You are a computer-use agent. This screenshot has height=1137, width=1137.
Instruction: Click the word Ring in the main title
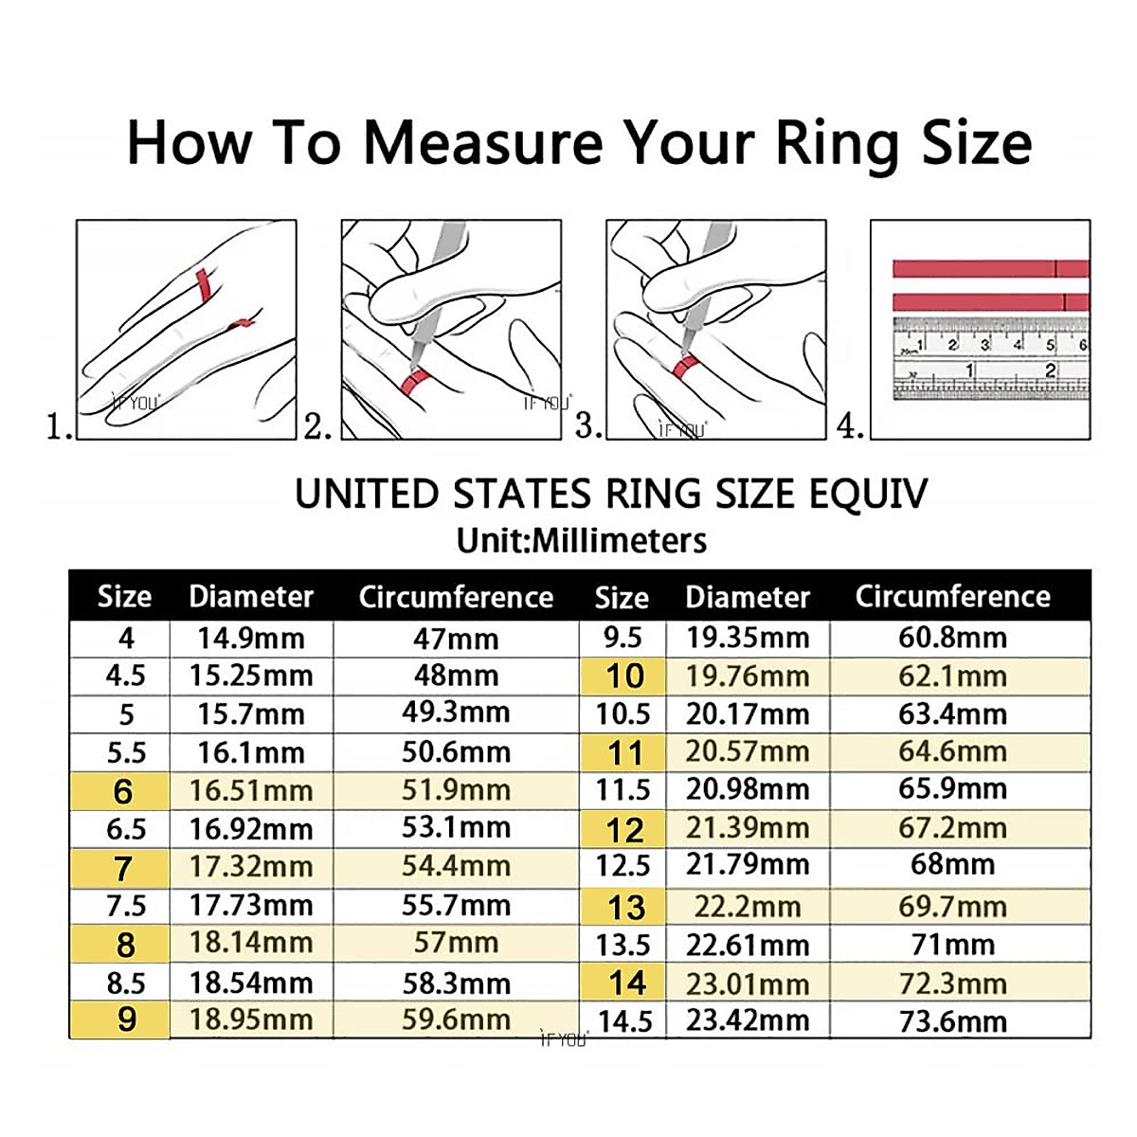[837, 144]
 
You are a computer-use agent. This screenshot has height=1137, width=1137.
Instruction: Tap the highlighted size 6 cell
[123, 791]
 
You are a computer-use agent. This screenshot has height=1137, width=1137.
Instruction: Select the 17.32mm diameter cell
[251, 867]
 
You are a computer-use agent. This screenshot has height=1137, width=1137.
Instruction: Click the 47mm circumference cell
[456, 639]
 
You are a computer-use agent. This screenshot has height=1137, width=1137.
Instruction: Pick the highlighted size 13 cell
[625, 907]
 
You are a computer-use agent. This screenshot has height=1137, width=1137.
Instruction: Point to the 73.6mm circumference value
[952, 1021]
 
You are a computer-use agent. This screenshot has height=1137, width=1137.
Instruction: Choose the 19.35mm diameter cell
[748, 638]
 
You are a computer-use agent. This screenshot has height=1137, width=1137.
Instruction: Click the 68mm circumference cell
[952, 864]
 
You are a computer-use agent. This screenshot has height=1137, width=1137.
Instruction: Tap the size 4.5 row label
[125, 676]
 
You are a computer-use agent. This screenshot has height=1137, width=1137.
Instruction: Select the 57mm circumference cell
[456, 943]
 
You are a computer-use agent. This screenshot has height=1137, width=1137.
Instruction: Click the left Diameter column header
[251, 596]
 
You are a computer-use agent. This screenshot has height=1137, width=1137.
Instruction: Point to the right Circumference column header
[952, 596]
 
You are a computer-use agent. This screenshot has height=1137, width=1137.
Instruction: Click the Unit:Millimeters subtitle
[581, 540]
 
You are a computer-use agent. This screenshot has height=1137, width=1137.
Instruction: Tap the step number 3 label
[587, 426]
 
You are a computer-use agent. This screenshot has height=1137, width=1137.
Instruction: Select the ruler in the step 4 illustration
[990, 358]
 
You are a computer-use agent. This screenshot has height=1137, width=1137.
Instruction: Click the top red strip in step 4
[990, 269]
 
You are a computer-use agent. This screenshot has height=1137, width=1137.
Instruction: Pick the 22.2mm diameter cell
[748, 907]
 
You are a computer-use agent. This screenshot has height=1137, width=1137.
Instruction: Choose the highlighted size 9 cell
[126, 1020]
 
